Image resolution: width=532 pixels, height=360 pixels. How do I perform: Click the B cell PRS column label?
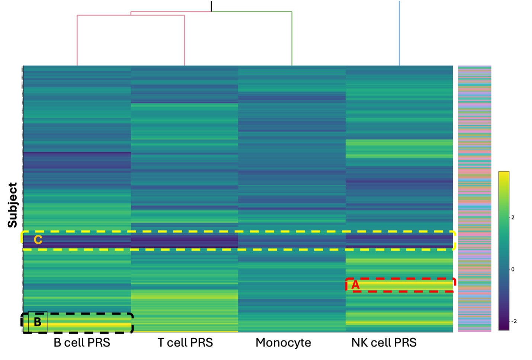[x=82, y=343]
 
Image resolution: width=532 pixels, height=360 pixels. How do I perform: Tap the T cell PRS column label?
[x=185, y=343]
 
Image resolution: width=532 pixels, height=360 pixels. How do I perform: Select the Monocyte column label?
[x=283, y=343]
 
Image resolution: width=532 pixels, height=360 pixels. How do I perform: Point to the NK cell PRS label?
[x=384, y=343]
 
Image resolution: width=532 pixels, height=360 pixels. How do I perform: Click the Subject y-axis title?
[x=13, y=205]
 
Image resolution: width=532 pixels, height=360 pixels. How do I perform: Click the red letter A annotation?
[x=355, y=285]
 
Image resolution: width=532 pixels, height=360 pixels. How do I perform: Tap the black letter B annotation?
[x=38, y=322]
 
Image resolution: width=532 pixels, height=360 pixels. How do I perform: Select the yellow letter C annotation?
[x=38, y=240]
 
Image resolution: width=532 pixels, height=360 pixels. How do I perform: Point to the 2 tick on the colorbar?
[x=513, y=218]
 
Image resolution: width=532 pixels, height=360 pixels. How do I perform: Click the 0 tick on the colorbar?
[x=513, y=269]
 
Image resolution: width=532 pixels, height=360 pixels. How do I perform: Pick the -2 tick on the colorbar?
[x=514, y=321]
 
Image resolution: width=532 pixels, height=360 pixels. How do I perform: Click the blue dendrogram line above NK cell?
[x=399, y=33]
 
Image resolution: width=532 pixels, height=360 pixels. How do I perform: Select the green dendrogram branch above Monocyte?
[x=292, y=37]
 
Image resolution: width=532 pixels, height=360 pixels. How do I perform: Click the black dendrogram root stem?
[x=211, y=6]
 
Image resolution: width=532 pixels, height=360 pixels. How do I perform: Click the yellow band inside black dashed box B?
[x=86, y=325]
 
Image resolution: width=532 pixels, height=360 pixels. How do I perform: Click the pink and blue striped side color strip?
[x=474, y=199]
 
